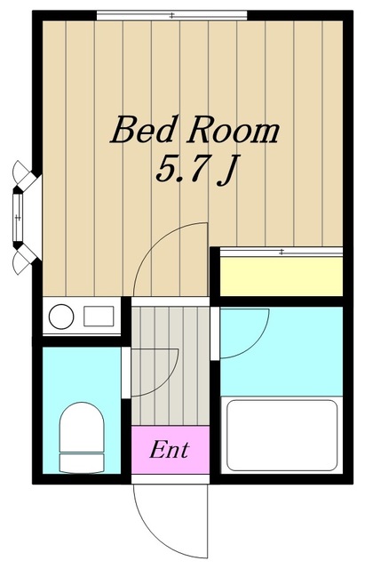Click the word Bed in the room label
click(142, 130)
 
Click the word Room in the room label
click(233, 131)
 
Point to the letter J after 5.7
click(227, 171)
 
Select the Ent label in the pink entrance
click(170, 450)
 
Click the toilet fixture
click(82, 437)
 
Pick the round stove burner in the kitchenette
click(61, 317)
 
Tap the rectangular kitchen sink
click(99, 317)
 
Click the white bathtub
click(282, 435)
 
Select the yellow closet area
click(282, 276)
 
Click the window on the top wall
click(171, 15)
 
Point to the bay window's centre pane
click(18, 217)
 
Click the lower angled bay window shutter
click(26, 259)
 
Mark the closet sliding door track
click(282, 252)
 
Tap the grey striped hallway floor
click(171, 365)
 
